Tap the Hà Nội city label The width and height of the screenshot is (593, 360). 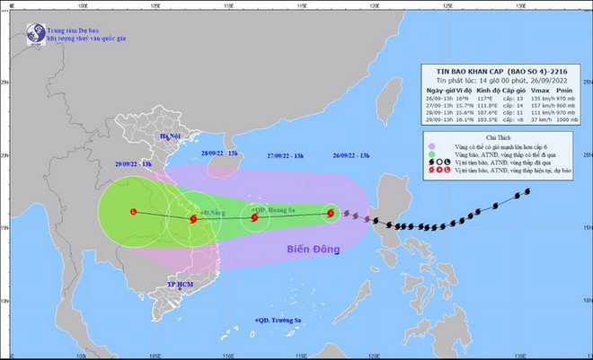point(171,136)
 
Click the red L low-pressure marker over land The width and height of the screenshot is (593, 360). point(134,212)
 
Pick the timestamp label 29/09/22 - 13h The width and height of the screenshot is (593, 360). point(134,165)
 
